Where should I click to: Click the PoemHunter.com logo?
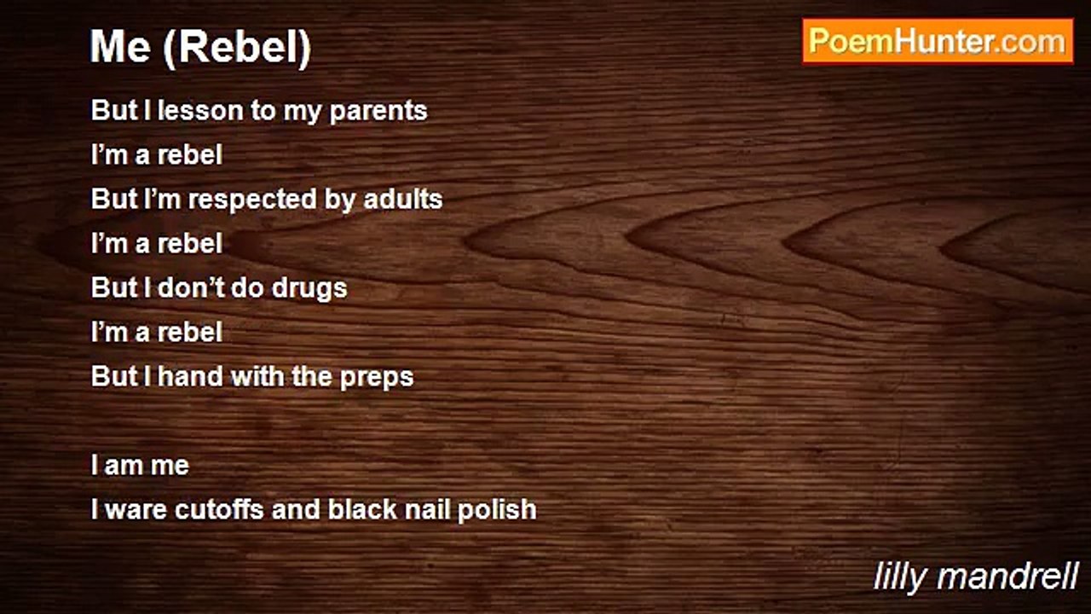coord(938,42)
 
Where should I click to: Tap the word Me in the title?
coord(120,47)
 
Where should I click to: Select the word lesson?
coord(200,110)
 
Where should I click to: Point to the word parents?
coord(378,112)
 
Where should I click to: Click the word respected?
coord(253,200)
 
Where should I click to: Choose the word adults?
coord(403,199)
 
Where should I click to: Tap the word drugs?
coord(309,289)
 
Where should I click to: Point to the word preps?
coord(377,378)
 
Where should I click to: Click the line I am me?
coord(140,466)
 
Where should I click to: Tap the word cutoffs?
coord(219,509)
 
